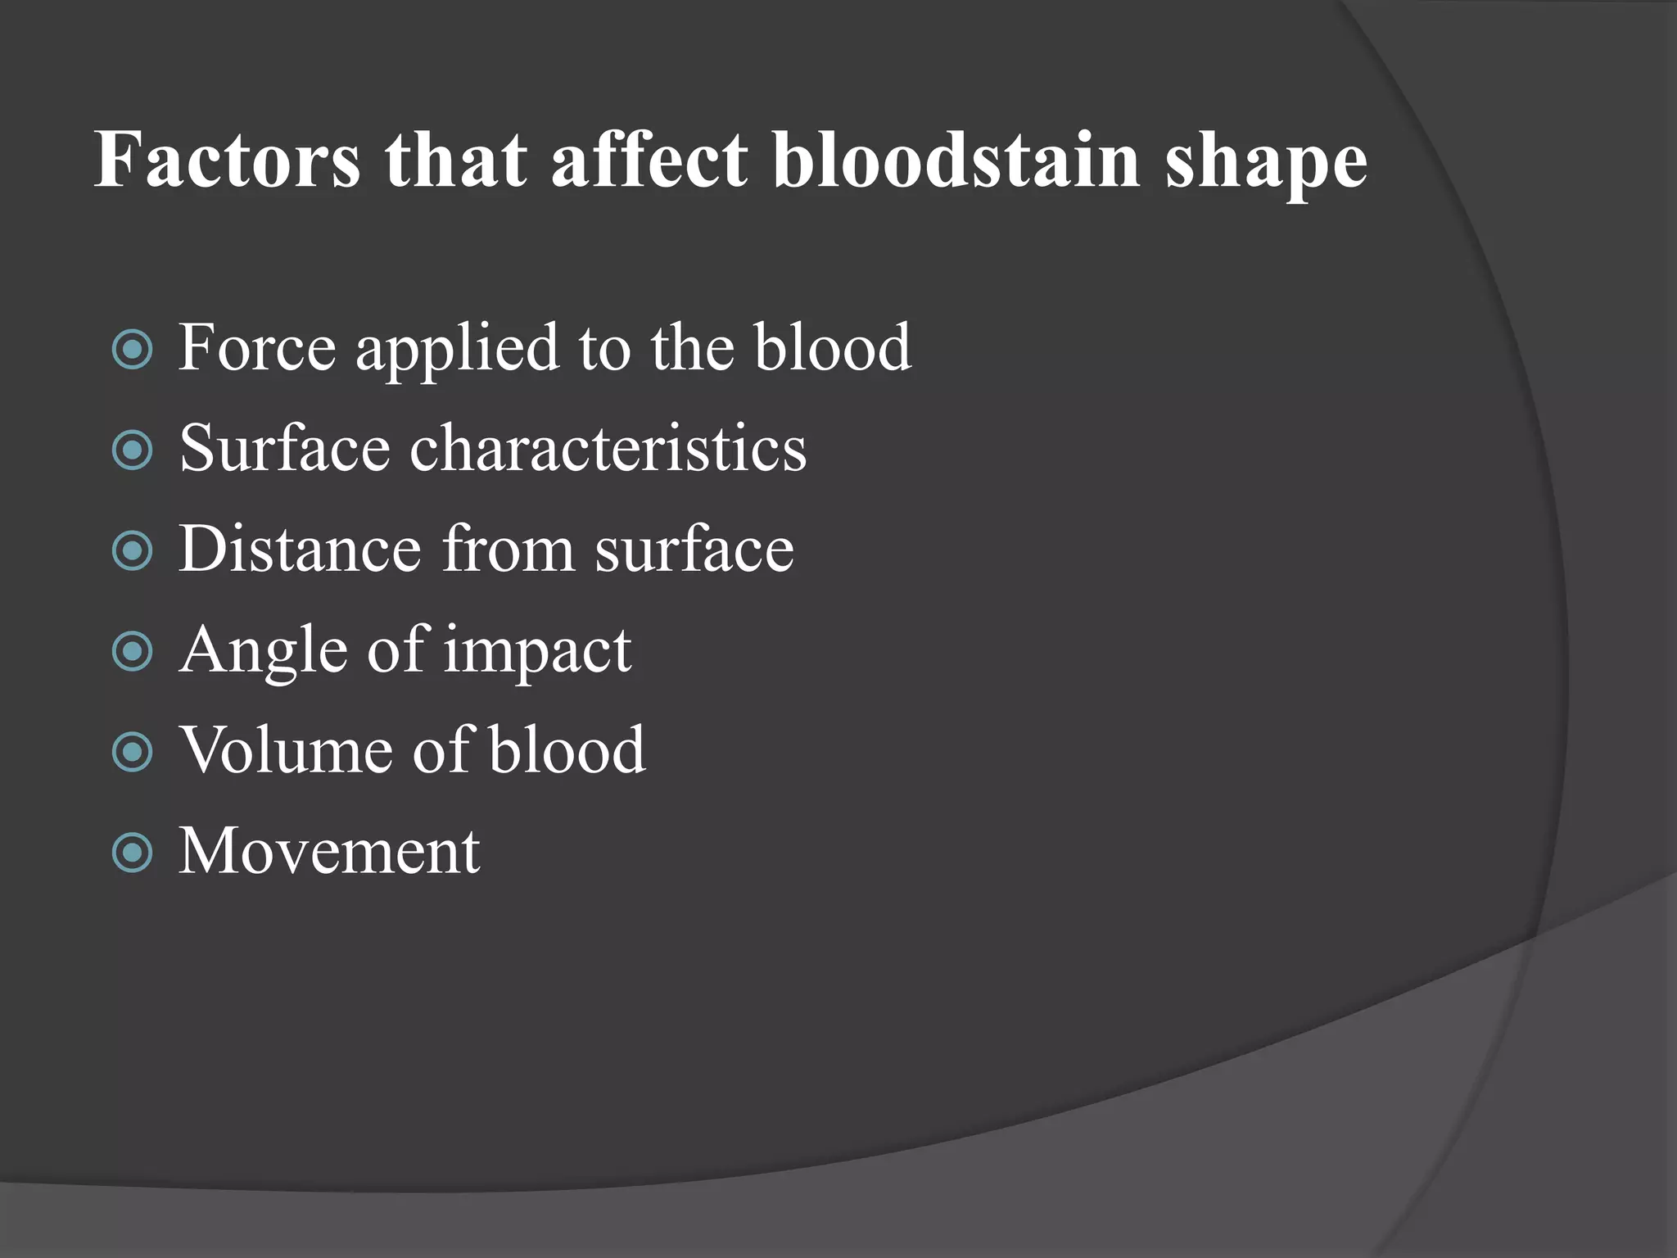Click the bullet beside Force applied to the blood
132,350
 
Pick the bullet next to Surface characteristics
132,450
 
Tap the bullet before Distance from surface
132,551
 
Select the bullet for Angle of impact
132,652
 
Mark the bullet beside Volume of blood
132,753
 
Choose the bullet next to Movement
132,853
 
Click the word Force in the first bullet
257,348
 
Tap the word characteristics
608,449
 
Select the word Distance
300,549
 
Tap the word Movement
329,852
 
